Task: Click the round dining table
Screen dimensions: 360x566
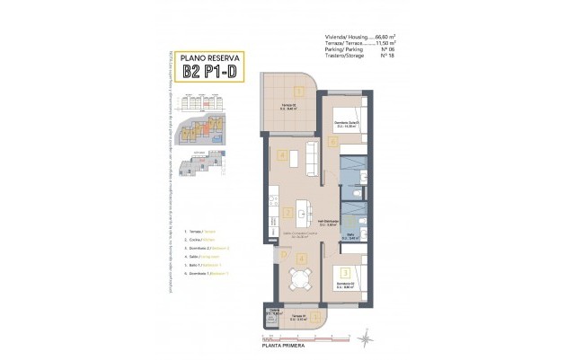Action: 296,279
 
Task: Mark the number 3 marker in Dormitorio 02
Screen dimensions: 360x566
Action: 346,270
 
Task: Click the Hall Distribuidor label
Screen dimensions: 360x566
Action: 329,222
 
